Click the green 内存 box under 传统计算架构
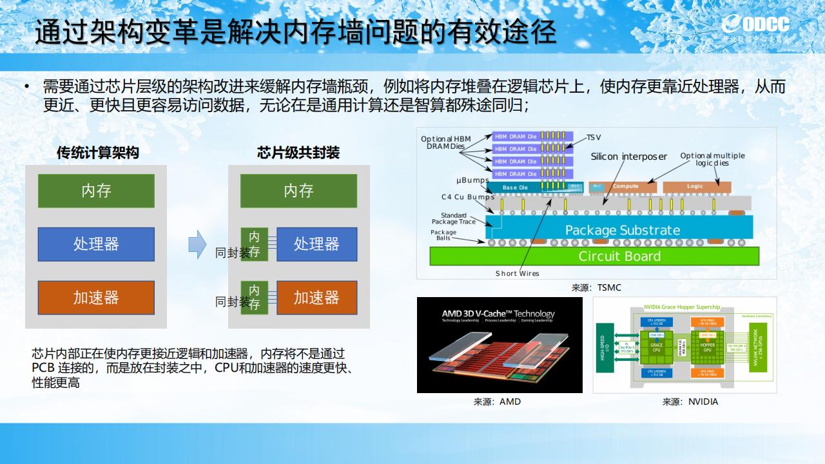coord(96,191)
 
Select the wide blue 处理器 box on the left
coord(96,244)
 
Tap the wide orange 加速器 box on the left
coord(96,298)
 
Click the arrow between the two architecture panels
coord(197,244)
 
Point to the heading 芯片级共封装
coord(298,153)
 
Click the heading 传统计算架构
coord(97,153)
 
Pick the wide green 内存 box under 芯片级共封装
coord(298,191)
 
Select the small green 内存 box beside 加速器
coord(254,297)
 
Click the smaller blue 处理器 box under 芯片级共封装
coord(316,244)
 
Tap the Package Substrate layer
coord(622,230)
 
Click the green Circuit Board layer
coord(619,256)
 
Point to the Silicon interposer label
coord(628,157)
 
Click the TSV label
coord(594,138)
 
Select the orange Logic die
coord(695,186)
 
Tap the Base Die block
coord(515,188)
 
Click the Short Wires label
coord(517,273)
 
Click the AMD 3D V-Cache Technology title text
coord(498,314)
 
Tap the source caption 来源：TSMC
coord(596,287)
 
